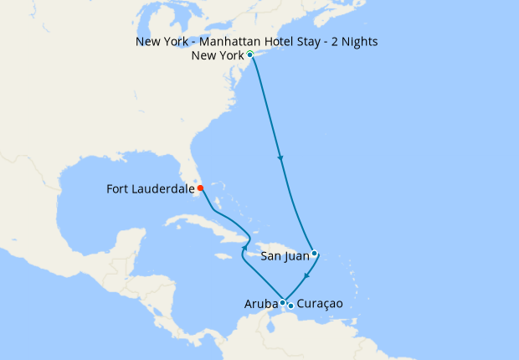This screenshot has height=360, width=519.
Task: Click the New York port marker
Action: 250,54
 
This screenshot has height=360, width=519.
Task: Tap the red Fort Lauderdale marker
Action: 200,188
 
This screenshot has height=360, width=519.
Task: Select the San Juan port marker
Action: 314,253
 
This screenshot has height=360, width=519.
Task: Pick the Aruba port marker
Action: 283,302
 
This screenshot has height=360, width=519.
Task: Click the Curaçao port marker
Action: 290,306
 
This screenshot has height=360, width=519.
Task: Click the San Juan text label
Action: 285,255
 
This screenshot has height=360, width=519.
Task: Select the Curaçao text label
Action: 320,306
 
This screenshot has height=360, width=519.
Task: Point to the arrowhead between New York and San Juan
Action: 280,159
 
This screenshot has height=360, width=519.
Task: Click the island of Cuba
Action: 201,224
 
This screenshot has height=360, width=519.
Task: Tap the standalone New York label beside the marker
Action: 217,56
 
